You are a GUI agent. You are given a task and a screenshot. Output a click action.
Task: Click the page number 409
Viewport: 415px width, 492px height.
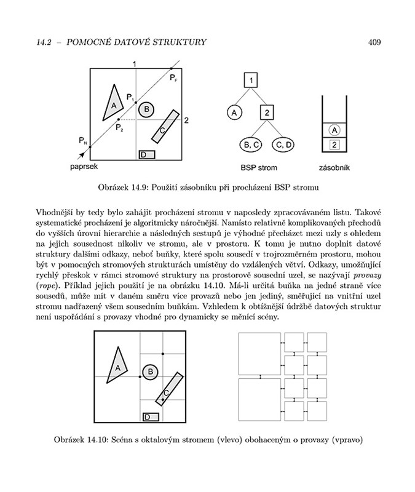point(374,42)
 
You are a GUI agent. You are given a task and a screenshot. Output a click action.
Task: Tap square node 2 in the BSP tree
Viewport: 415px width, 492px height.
point(266,113)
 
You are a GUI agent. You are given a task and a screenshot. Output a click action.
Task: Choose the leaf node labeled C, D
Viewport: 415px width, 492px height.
point(284,145)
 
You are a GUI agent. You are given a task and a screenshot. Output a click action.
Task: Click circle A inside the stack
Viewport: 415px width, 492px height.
point(334,130)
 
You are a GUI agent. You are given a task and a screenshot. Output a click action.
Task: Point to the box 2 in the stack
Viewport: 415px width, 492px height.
point(334,145)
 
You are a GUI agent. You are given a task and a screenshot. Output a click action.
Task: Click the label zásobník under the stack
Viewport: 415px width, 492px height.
point(334,167)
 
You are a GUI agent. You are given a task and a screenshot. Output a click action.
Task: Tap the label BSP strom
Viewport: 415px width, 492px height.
point(258,167)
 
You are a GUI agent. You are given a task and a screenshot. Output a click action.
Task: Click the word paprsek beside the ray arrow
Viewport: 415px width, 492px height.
point(84,166)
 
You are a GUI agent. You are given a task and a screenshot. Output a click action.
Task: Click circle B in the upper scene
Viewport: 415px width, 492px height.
point(146,110)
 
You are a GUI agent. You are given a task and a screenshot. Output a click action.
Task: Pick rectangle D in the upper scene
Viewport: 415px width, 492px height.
point(146,154)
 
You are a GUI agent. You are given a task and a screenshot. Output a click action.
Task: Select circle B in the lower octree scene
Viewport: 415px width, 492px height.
point(149,372)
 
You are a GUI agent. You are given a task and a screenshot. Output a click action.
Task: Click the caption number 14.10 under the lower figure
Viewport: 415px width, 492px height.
point(97,439)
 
